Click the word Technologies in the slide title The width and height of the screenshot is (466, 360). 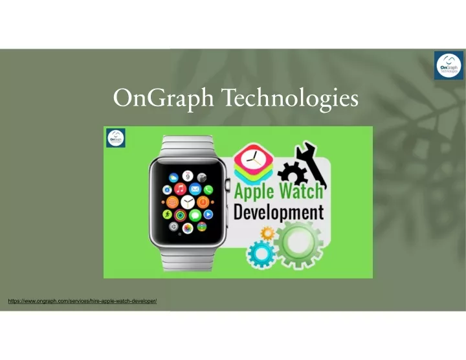[x=291, y=98]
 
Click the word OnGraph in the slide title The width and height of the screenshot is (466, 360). [x=163, y=98]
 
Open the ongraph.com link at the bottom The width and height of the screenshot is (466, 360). [x=82, y=301]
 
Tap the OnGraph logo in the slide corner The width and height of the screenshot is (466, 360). [x=449, y=65]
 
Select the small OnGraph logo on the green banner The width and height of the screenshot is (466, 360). [x=116, y=138]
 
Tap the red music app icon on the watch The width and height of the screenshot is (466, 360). [x=180, y=189]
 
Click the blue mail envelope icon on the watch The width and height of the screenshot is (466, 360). [x=195, y=189]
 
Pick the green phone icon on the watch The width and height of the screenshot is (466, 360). [x=208, y=190]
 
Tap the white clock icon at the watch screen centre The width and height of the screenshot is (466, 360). [x=188, y=202]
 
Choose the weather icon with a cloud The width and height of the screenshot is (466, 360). [x=173, y=178]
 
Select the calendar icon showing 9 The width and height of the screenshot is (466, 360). [x=188, y=176]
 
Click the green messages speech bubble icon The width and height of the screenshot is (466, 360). [x=195, y=215]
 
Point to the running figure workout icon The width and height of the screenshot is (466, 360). [x=168, y=214]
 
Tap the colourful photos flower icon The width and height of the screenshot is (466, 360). [x=188, y=228]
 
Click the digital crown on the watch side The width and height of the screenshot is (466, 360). [x=228, y=185]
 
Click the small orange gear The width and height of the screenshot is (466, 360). [x=267, y=233]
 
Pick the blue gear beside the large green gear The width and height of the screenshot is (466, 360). [x=261, y=254]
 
